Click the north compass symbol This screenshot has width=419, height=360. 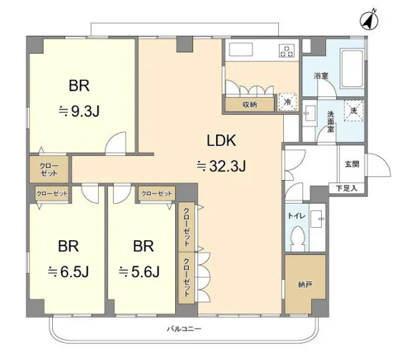369,20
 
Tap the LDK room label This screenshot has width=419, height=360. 221,141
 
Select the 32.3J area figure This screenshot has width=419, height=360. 221,166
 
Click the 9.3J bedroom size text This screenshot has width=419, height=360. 79,111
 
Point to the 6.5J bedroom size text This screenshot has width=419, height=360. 68,271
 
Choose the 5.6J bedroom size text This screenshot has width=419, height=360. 139,271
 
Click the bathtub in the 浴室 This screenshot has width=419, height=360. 352,69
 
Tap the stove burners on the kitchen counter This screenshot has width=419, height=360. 287,51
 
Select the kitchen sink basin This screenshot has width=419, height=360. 241,49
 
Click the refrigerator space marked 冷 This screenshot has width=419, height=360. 287,101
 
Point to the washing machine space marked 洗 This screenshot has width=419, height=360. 354,111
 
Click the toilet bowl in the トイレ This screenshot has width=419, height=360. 297,238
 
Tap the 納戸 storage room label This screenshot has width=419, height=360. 305,285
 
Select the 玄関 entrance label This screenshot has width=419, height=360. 352,164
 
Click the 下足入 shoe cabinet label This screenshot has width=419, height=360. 346,189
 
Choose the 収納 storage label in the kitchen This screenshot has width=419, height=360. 250,104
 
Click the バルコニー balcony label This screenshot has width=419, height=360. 184,329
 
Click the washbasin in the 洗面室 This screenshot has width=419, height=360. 310,113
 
